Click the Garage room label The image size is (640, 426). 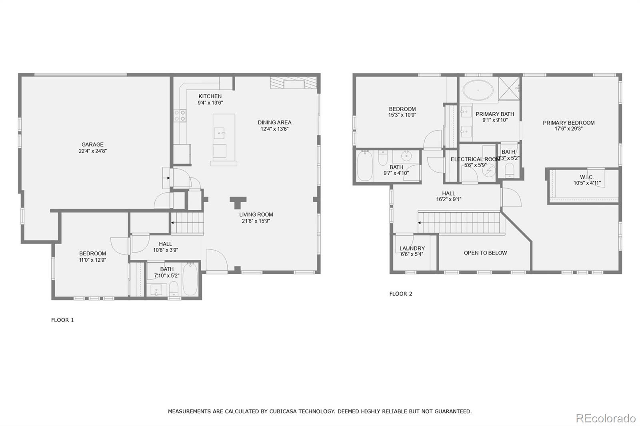92,145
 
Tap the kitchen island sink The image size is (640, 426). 219,132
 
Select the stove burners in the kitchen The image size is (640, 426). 179,115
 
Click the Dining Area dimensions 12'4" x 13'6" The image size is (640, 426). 274,129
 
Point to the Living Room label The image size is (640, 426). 256,215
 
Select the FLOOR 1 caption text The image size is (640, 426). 62,320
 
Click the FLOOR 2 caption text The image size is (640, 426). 400,294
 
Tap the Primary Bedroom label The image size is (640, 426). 568,123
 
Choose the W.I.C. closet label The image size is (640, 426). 586,177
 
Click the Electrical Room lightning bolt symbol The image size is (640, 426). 488,171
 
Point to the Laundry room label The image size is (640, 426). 412,249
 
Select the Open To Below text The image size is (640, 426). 485,253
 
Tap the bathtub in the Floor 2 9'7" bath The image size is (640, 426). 364,165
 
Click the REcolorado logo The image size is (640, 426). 605,418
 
